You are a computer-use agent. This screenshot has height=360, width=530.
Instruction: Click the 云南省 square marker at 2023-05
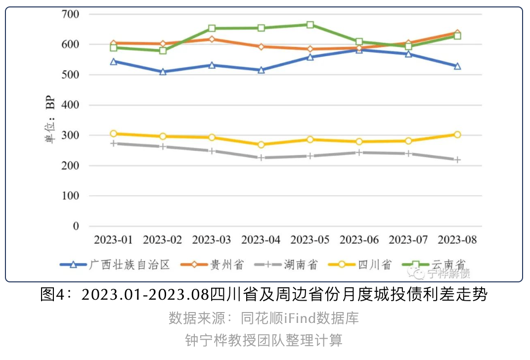pyautogui.click(x=310, y=25)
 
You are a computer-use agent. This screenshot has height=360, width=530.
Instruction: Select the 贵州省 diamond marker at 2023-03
pyautogui.click(x=212, y=39)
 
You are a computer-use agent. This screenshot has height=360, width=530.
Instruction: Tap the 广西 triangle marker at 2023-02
pyautogui.click(x=163, y=72)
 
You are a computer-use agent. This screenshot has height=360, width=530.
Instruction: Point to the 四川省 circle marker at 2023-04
pyautogui.click(x=261, y=145)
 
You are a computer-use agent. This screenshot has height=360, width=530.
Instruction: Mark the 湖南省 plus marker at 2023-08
pyautogui.click(x=457, y=160)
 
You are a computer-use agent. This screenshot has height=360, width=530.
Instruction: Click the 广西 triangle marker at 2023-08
pyautogui.click(x=457, y=66)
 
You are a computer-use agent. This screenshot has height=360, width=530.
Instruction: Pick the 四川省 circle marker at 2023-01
pyautogui.click(x=114, y=134)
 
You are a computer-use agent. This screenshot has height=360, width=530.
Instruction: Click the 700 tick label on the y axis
pyautogui.click(x=71, y=14)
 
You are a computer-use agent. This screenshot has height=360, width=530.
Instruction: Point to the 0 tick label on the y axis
pyautogui.click(x=76, y=226)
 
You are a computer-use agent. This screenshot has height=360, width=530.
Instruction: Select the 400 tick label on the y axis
pyautogui.click(x=71, y=105)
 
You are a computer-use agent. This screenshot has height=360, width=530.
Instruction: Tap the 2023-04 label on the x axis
pyautogui.click(x=261, y=240)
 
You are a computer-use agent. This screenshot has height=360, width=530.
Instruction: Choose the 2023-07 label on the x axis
pyautogui.click(x=408, y=240)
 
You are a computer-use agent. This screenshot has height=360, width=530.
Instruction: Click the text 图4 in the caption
pyautogui.click(x=52, y=295)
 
